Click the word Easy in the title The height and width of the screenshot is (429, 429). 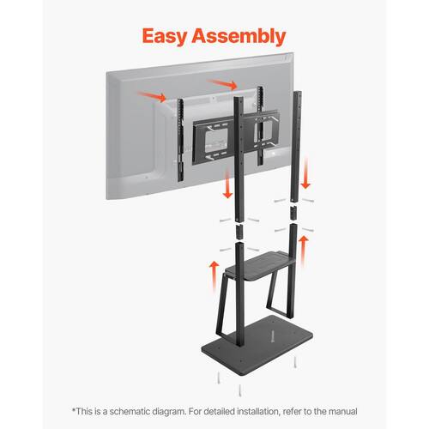coord(165,36)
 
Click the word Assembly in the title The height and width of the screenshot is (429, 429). coord(239,36)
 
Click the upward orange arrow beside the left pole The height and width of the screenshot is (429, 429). coord(214,277)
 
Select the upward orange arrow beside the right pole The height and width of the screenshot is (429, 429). coord(304,251)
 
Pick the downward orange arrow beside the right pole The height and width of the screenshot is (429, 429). coord(305,173)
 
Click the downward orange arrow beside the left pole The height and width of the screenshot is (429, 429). coord(227,183)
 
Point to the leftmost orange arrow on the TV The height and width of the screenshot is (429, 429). coord(152,96)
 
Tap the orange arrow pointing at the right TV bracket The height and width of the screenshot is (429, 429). coord(223,84)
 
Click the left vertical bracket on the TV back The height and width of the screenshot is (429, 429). coord(180,140)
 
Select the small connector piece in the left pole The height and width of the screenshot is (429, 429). coord(239,232)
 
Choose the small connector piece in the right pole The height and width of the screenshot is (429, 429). coord(293,214)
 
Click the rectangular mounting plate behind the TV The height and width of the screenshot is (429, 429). coord(236,137)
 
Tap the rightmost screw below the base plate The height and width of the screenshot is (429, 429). coord(295,361)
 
